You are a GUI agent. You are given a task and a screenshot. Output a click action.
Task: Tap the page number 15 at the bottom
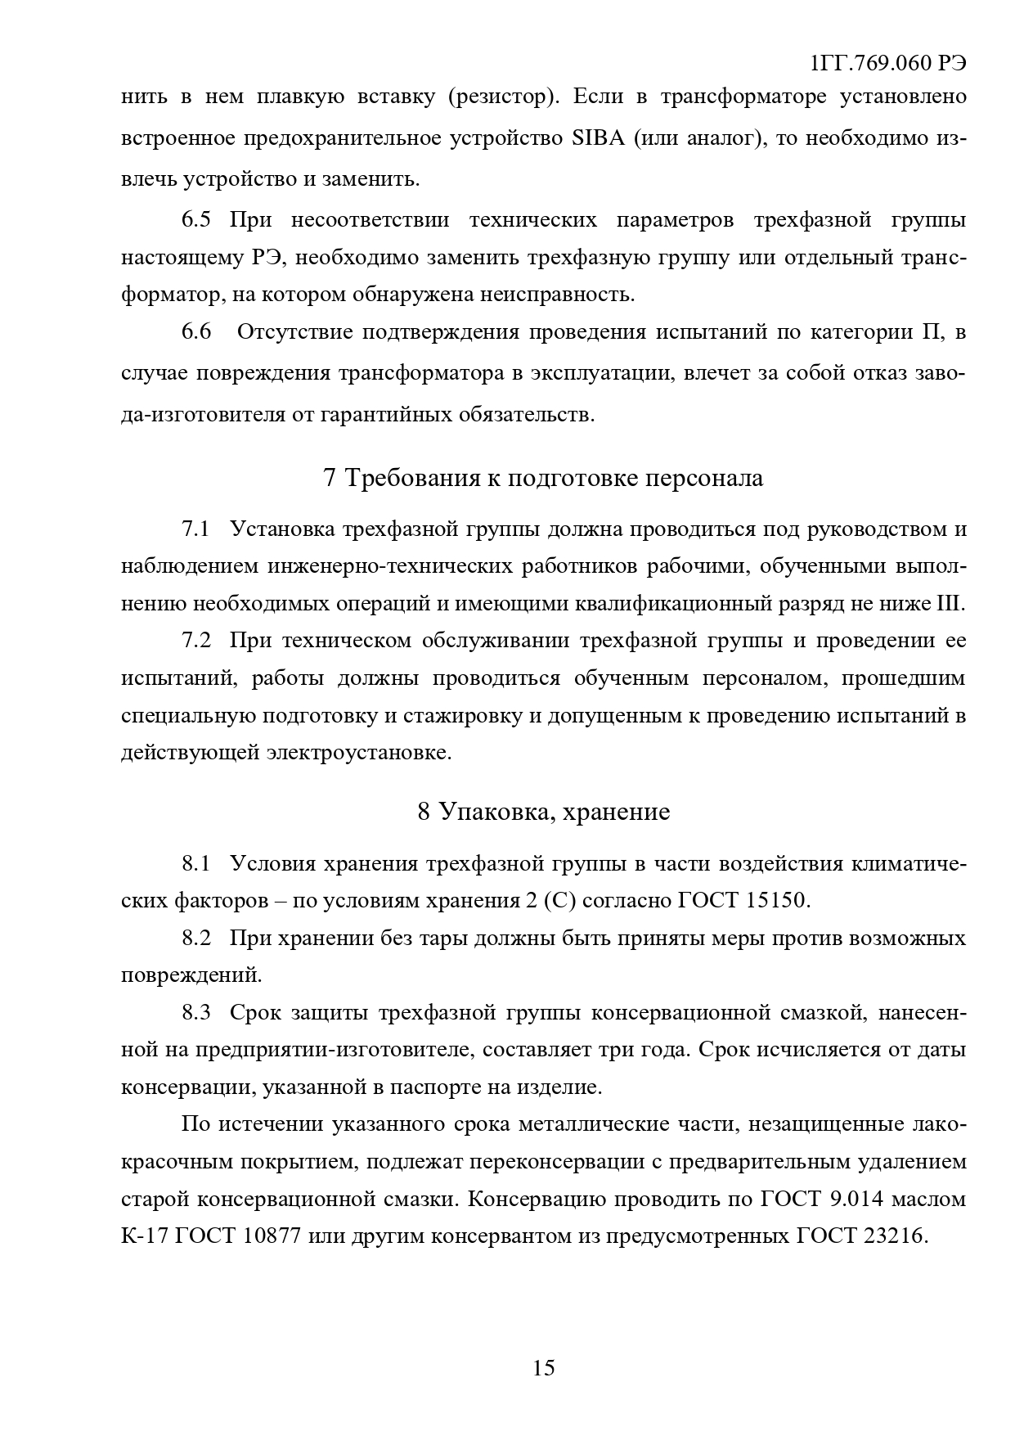[x=543, y=1367]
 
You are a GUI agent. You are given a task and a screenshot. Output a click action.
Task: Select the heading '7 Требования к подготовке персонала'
[x=543, y=478]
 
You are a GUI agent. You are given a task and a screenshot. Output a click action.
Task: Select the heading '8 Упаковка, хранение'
[x=543, y=812]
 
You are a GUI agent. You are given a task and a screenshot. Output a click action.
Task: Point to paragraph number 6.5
[x=195, y=220]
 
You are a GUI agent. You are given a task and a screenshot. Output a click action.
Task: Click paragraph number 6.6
[x=195, y=332]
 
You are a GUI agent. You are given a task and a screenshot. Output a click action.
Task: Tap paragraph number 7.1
[x=195, y=529]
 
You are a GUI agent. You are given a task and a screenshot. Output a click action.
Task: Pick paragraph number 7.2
[x=195, y=640]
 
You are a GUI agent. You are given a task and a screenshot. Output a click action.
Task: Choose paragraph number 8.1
[x=195, y=863]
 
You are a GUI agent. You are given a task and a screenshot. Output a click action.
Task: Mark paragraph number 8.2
[x=195, y=938]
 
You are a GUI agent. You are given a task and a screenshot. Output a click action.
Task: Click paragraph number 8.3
[x=195, y=1012]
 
